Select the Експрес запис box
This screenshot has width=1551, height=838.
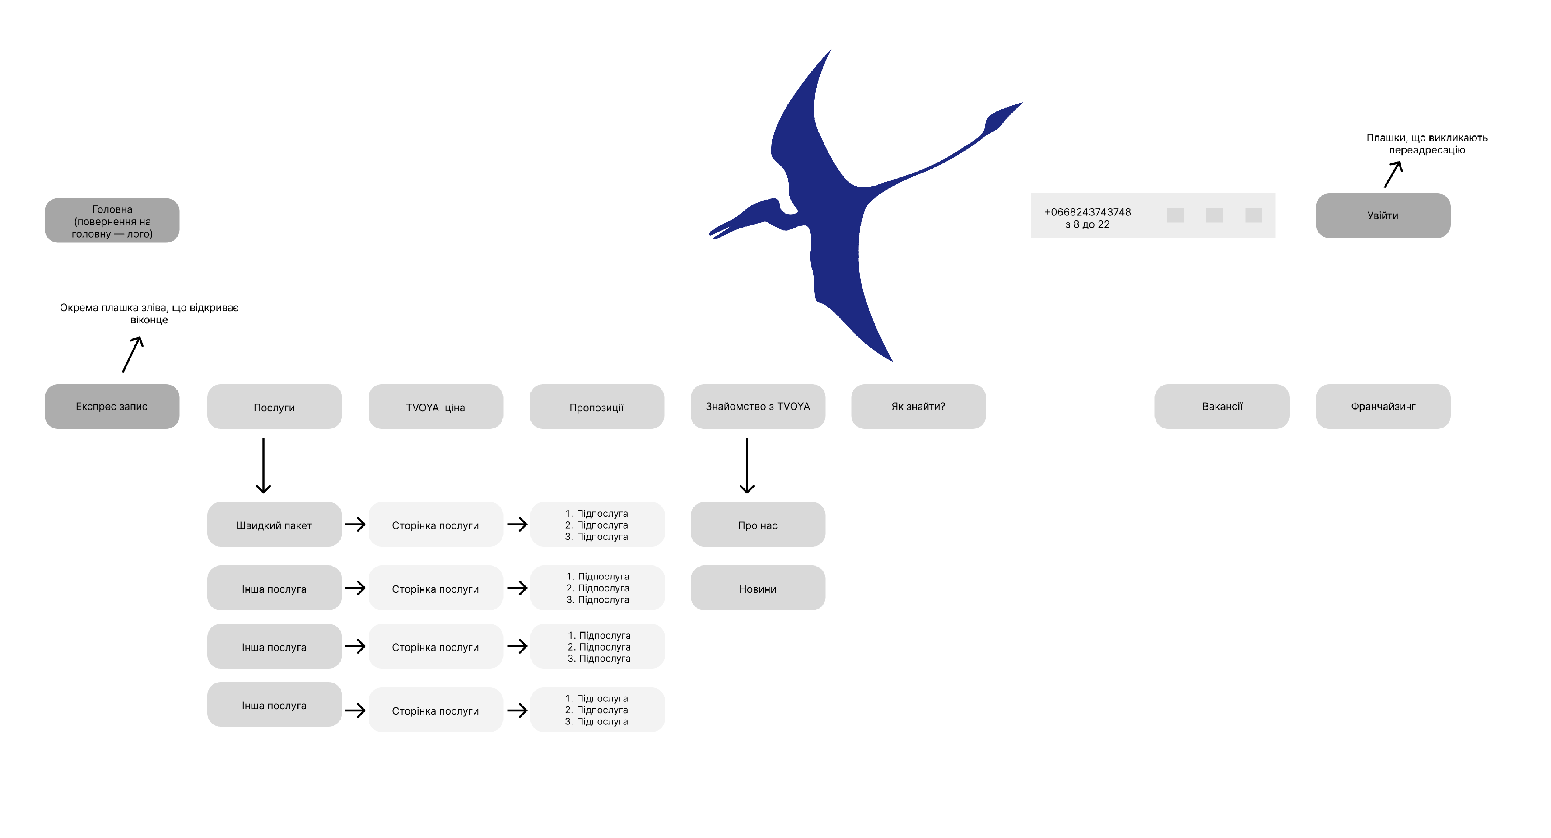point(112,406)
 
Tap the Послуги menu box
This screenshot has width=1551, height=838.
point(274,407)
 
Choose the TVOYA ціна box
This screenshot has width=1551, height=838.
point(435,407)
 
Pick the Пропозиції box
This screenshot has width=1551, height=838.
point(597,407)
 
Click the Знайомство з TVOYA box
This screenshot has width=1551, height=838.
point(757,406)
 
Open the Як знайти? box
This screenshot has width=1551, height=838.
point(918,406)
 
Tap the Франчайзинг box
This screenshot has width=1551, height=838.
point(1383,406)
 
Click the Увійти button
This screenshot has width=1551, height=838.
point(1383,215)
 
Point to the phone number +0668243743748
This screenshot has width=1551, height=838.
point(1087,212)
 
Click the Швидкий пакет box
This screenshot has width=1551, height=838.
point(274,525)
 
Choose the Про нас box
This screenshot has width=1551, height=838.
point(757,525)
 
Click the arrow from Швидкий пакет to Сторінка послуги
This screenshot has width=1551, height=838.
point(355,524)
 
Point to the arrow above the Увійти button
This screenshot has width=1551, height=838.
point(1393,174)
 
